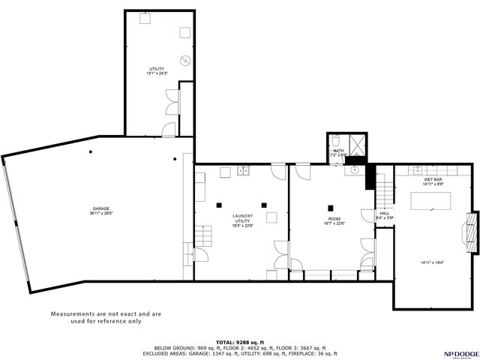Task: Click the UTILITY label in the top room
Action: click(156, 68)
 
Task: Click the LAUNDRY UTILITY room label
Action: click(242, 218)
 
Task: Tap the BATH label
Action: click(339, 151)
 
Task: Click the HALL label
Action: click(384, 214)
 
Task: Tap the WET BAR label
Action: click(432, 180)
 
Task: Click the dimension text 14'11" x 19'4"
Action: click(432, 262)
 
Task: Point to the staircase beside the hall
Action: click(384, 192)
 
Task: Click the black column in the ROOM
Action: click(330, 207)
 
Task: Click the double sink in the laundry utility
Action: click(243, 171)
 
